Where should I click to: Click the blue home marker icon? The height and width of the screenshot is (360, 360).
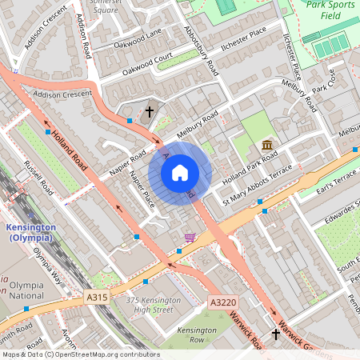pyautogui.click(x=180, y=173)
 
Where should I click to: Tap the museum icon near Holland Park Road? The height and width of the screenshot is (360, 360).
pyautogui.click(x=267, y=145)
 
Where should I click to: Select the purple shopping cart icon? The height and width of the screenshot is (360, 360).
pyautogui.click(x=190, y=237)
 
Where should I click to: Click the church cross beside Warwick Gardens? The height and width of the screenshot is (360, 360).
pyautogui.click(x=276, y=334)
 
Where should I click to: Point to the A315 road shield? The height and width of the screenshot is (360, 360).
pyautogui.click(x=97, y=297)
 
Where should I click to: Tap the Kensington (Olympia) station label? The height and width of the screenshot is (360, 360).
pyautogui.click(x=30, y=232)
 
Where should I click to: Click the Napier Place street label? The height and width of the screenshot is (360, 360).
pyautogui.click(x=142, y=192)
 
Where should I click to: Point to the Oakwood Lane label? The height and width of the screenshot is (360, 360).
pyautogui.click(x=137, y=38)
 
